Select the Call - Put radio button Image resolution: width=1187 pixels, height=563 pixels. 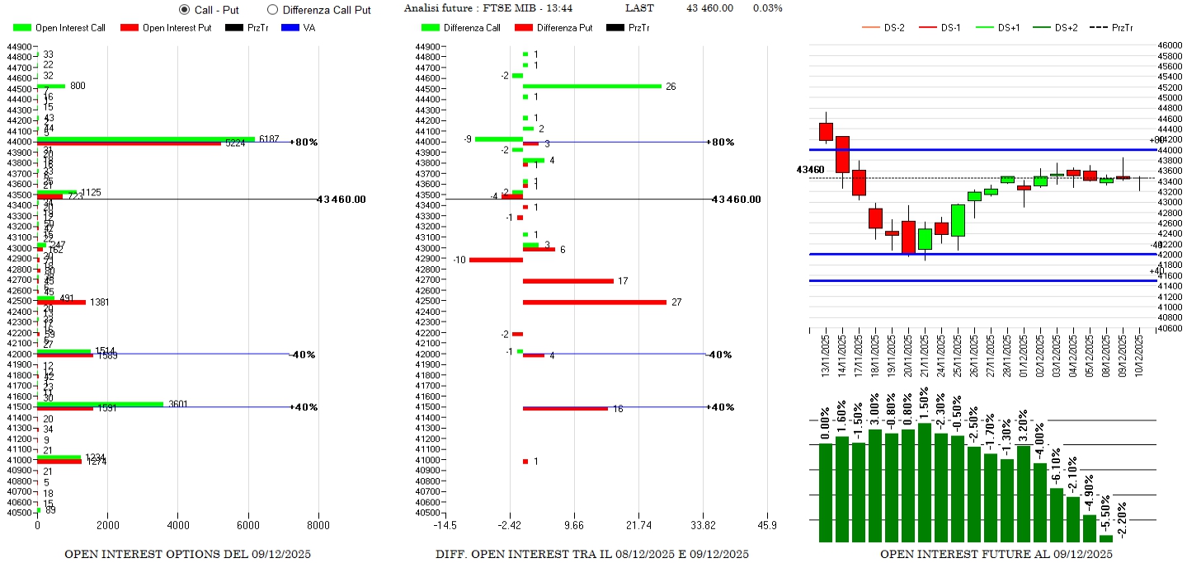(184, 10)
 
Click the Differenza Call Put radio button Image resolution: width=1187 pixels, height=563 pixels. (273, 10)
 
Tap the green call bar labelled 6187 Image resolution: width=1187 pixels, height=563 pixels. (146, 138)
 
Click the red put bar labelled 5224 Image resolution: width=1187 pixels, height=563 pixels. (129, 143)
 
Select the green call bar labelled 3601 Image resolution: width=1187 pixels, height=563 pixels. (100, 404)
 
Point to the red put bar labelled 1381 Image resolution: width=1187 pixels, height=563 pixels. (61, 303)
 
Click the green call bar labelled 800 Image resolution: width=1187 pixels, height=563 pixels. (51, 86)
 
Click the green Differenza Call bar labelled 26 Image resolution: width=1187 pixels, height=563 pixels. (591, 86)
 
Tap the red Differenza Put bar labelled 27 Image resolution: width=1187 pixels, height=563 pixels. (594, 303)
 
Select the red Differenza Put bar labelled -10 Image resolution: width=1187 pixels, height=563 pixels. (496, 260)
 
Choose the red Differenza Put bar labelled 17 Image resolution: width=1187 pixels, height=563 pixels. (568, 281)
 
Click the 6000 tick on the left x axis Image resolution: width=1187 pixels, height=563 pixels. (248, 525)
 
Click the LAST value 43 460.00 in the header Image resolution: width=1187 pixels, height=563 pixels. (709, 8)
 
